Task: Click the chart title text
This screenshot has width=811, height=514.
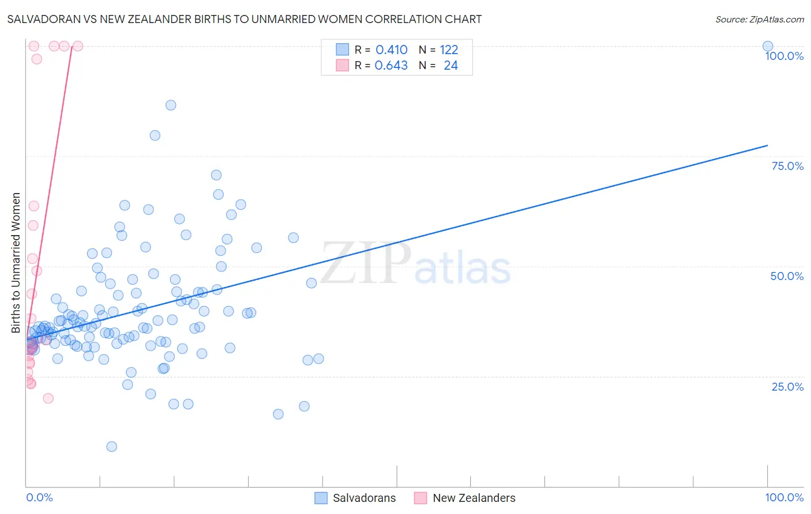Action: (244, 19)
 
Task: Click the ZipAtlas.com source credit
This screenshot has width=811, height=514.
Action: (759, 19)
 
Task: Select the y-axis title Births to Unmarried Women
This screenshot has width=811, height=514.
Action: (16, 263)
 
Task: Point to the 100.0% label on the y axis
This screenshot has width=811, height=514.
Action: (784, 56)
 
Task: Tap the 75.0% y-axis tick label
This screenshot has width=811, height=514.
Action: (787, 166)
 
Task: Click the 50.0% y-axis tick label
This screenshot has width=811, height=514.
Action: (787, 276)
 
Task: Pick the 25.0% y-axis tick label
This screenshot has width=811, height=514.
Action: (787, 387)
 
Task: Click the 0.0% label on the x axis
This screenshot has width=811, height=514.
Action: (39, 497)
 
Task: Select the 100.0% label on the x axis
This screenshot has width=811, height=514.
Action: (784, 497)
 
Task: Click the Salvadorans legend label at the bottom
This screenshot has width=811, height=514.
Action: (364, 498)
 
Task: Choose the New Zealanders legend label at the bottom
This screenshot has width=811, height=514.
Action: (474, 498)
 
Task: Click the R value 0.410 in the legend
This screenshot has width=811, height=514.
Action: (392, 50)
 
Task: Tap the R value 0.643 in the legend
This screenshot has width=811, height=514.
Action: (391, 66)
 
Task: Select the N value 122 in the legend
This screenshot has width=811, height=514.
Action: (449, 50)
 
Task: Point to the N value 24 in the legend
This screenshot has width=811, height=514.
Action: (450, 66)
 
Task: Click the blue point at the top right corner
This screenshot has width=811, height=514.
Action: (767, 46)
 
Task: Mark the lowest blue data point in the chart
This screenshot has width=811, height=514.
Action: (112, 447)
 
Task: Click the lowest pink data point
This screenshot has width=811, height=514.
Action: (48, 398)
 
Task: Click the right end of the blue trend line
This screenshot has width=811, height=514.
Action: (767, 145)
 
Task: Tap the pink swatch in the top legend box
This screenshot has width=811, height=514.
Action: (343, 65)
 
